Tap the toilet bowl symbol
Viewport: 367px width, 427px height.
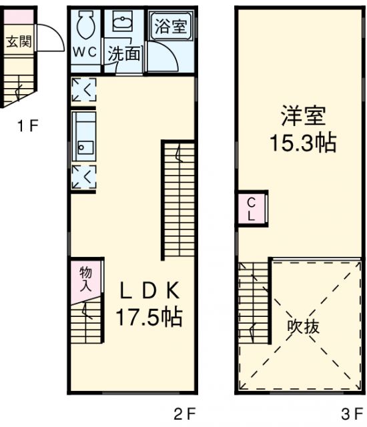(x=85, y=27)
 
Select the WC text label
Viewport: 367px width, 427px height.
(x=85, y=52)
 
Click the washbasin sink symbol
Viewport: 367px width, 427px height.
(x=121, y=24)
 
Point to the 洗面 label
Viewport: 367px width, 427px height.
(x=124, y=53)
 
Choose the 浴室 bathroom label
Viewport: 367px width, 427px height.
(x=171, y=27)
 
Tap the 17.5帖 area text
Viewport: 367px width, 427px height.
(x=150, y=316)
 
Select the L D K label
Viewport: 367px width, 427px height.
(x=149, y=291)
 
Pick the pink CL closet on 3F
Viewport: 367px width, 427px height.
(x=252, y=209)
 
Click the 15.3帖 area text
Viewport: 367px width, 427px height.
(x=302, y=142)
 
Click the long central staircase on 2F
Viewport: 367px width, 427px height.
(x=178, y=200)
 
